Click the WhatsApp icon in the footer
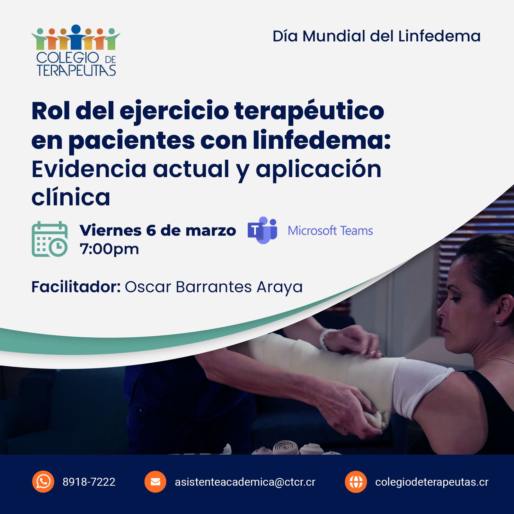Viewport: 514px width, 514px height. (43, 482)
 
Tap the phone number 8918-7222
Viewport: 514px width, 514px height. (89, 482)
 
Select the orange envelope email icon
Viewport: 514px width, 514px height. (155, 482)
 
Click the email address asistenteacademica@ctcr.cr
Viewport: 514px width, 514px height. (245, 482)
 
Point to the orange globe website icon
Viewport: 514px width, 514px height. (356, 482)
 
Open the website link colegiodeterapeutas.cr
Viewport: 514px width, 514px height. (432, 482)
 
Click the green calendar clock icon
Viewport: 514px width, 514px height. (50, 239)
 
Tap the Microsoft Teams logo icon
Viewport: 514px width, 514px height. (262, 230)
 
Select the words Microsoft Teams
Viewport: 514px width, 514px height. (330, 231)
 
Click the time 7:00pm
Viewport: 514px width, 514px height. (109, 249)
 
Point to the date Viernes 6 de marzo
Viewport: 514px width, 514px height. (158, 230)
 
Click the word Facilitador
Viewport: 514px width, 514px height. (76, 287)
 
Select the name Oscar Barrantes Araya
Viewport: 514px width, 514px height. (214, 287)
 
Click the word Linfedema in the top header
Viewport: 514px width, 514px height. (439, 36)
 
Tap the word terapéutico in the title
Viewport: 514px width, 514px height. (309, 111)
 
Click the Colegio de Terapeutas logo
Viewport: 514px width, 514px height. (76, 50)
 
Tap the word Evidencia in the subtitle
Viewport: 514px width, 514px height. (89, 169)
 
